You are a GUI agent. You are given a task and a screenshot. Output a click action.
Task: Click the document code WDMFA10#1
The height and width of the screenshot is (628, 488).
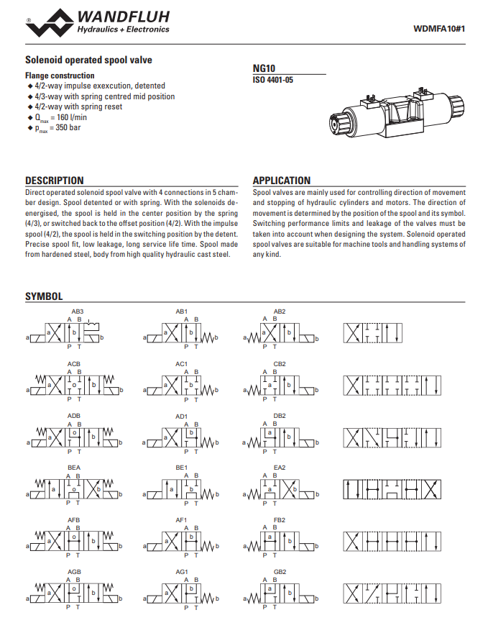(440, 29)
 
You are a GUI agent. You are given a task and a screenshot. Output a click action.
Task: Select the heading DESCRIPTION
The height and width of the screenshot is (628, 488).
(55, 181)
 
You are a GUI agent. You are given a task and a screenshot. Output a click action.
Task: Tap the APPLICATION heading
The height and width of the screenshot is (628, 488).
(282, 181)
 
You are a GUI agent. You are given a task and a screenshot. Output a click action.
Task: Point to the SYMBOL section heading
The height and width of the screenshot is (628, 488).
(44, 296)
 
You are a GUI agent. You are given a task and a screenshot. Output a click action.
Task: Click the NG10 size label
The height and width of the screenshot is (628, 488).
(264, 68)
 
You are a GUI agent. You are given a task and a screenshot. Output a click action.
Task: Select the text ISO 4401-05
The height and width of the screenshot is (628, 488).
(273, 80)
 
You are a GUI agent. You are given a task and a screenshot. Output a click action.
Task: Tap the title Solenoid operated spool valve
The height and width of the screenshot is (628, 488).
(88, 60)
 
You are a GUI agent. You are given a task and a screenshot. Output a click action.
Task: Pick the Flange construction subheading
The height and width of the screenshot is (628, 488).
(60, 76)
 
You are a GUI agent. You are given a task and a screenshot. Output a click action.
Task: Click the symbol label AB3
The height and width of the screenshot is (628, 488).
(77, 311)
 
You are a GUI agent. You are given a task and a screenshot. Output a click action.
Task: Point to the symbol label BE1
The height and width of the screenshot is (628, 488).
(181, 468)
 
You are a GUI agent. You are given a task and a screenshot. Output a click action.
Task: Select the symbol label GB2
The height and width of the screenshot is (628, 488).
(280, 572)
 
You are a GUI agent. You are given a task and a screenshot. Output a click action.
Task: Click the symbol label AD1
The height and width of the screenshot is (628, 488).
(181, 416)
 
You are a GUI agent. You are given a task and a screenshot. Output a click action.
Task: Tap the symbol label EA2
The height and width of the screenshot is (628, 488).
(280, 468)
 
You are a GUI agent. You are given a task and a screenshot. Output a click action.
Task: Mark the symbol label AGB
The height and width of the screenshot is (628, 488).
(74, 572)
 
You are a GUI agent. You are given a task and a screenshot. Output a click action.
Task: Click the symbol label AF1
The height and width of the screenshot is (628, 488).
(181, 520)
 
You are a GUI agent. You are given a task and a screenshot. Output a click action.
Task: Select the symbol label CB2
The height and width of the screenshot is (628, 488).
(280, 364)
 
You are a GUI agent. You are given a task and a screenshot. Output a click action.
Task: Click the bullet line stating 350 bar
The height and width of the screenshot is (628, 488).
(57, 128)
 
